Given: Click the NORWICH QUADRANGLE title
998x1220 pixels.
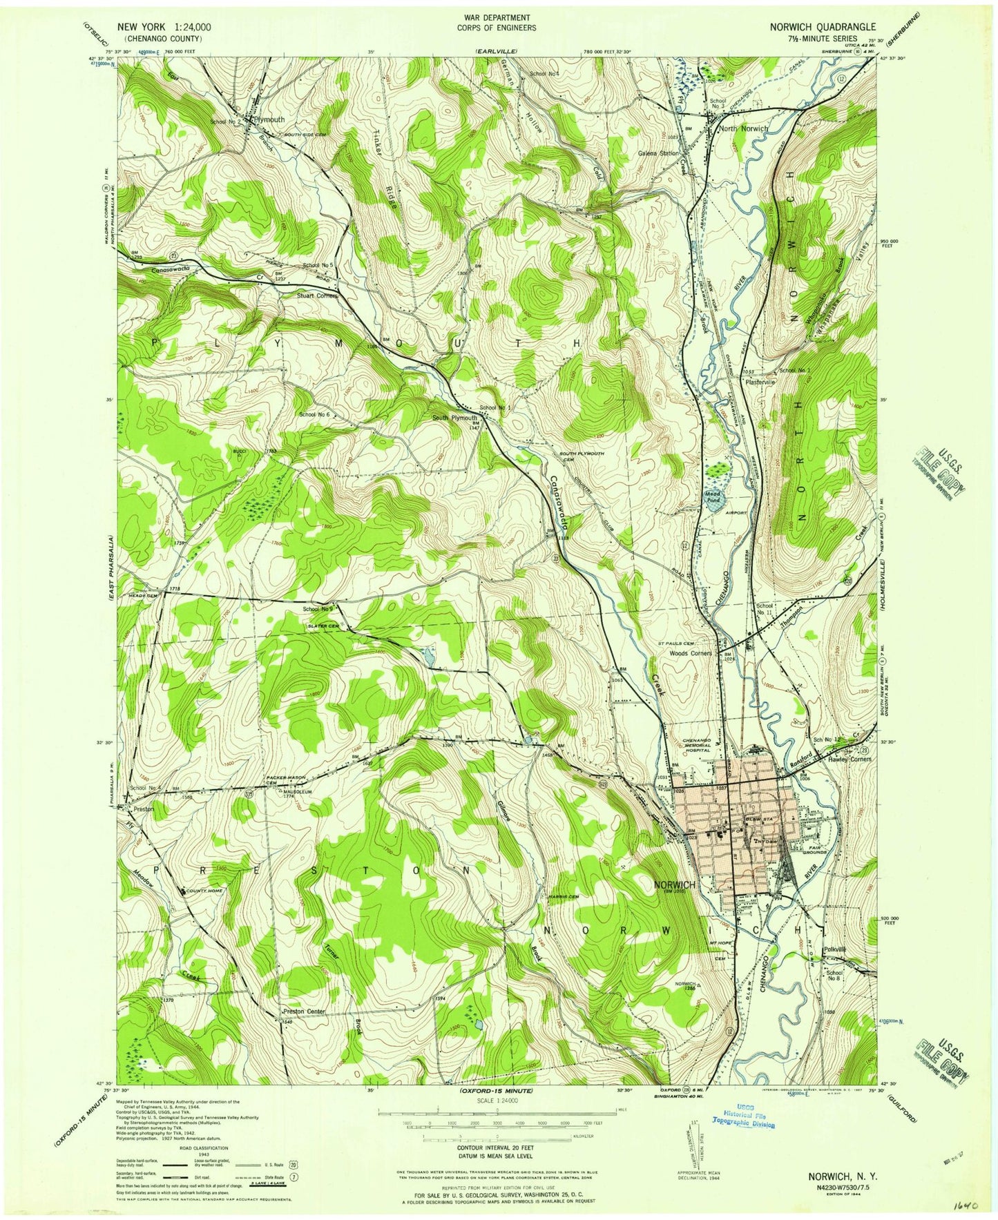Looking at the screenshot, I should pos(823,27).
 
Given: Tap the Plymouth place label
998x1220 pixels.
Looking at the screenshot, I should pos(269,119).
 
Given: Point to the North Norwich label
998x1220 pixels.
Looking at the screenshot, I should pos(743,129).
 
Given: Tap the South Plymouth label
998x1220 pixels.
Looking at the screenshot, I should pos(454,418).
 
